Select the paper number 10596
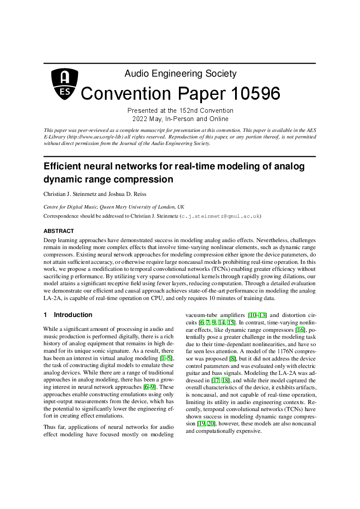click(x=256, y=94)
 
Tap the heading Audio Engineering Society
click(x=181, y=74)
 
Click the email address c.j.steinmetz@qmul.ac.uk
click(x=220, y=216)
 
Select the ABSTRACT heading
click(x=59, y=231)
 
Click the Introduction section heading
click(x=73, y=315)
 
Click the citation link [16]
click(x=300, y=330)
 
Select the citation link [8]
click(x=233, y=359)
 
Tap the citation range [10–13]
click(x=257, y=315)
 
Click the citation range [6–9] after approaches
click(x=150, y=387)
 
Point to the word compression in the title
click(x=144, y=179)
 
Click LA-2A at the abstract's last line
click(x=50, y=298)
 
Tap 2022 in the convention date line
click(x=140, y=119)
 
